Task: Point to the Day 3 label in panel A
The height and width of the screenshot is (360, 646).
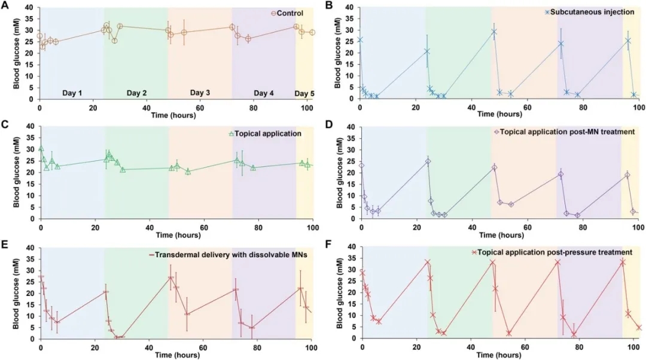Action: [x=200, y=93]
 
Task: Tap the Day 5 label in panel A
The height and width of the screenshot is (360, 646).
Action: [x=305, y=93]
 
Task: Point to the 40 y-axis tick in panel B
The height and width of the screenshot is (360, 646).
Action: [x=349, y=8]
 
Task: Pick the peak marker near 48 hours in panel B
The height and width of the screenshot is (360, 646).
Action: [x=494, y=32]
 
